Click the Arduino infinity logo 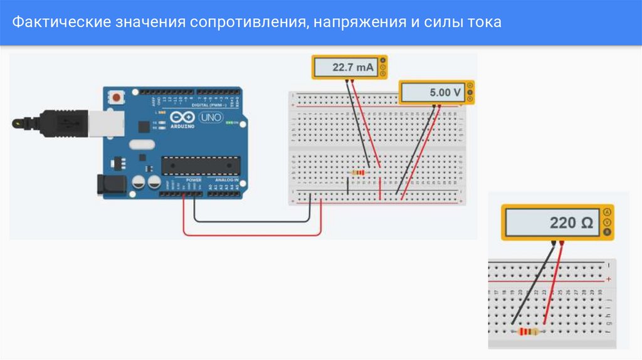point(182,118)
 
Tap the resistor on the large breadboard point(358,172)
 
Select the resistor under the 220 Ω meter point(529,332)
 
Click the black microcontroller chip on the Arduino point(201,165)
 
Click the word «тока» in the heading point(483,23)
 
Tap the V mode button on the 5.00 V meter point(470,92)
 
